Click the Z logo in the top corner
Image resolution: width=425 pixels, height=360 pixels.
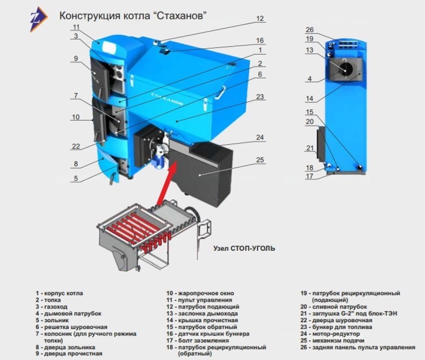point(38,19)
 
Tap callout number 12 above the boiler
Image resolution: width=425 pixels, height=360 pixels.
point(260,19)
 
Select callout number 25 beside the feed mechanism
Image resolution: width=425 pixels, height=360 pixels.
point(260,160)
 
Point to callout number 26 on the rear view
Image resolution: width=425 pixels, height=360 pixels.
point(309,30)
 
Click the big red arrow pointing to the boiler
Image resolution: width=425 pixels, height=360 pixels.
point(167,183)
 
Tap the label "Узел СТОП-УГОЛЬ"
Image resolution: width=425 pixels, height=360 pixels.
point(244,248)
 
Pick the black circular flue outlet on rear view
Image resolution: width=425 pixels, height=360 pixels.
point(346,69)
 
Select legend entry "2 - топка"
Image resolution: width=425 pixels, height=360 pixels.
point(48,300)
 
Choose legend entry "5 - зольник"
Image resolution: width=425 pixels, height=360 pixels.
point(52,321)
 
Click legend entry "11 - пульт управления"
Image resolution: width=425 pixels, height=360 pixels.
point(199,300)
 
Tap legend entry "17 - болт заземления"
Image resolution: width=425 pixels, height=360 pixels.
point(198,340)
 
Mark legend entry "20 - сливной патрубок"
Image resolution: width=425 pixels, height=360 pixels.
point(334,307)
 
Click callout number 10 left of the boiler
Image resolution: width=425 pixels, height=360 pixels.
point(76,117)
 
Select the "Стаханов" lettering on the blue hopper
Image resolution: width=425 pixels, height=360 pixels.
point(167,99)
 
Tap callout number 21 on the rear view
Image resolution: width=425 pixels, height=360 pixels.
point(310,148)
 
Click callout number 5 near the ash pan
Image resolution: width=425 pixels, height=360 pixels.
point(76,178)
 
